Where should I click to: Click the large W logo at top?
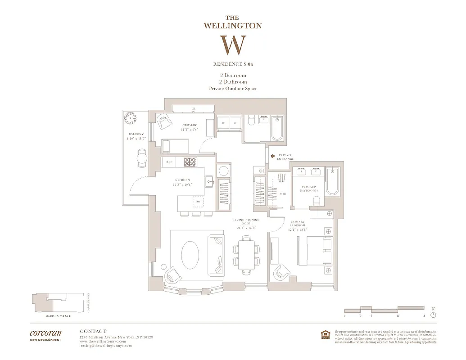coord(233,45)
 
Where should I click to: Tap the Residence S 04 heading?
coord(233,64)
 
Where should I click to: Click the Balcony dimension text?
coord(136,139)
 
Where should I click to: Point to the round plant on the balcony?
coord(131,118)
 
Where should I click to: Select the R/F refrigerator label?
coord(169,161)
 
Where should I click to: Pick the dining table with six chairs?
coord(246,256)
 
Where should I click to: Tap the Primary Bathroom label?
coord(308,189)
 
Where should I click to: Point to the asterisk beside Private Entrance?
coord(272,156)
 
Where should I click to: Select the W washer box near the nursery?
coord(223,122)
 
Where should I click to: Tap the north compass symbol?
coord(433,314)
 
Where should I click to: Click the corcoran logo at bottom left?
coord(45,334)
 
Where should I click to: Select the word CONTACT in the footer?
coord(93,331)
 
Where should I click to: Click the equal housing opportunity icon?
coord(324,333)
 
